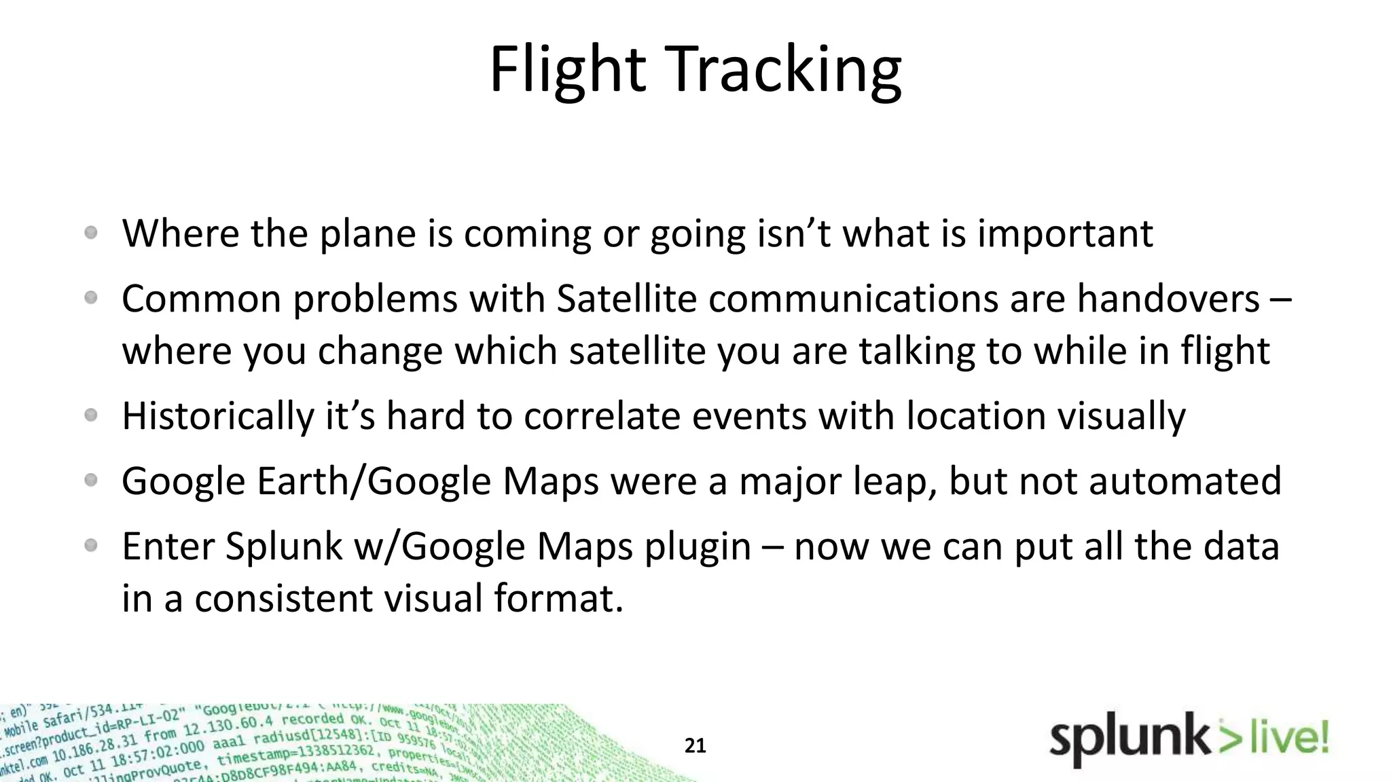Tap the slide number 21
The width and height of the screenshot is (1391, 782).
[x=695, y=746]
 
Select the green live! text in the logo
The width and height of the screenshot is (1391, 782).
[x=1288, y=739]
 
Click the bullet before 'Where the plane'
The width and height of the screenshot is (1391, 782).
[x=91, y=233]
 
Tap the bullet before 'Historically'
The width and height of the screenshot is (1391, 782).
[x=91, y=415]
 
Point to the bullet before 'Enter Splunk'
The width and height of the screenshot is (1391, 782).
[x=91, y=545]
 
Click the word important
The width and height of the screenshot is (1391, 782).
[x=1064, y=234]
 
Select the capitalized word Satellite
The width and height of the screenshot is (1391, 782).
[x=626, y=299]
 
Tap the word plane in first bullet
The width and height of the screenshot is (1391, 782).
[x=367, y=234]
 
